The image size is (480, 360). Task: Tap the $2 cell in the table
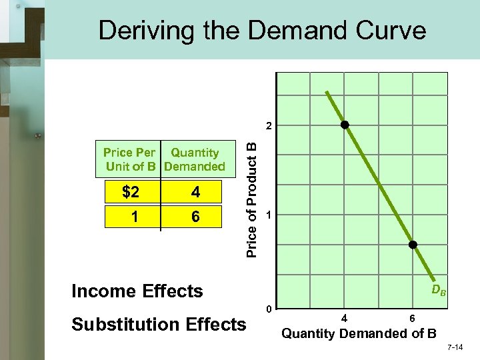click(131, 193)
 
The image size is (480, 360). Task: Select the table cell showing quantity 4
click(195, 193)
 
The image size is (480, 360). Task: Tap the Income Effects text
click(137, 291)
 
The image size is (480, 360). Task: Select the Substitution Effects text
click(159, 325)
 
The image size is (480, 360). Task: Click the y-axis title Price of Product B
click(252, 194)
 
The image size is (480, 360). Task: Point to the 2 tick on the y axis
click(268, 126)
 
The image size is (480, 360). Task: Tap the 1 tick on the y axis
click(268, 215)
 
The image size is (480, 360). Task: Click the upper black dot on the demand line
click(345, 125)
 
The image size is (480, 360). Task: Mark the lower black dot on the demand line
click(413, 245)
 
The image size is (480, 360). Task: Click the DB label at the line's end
click(439, 290)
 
